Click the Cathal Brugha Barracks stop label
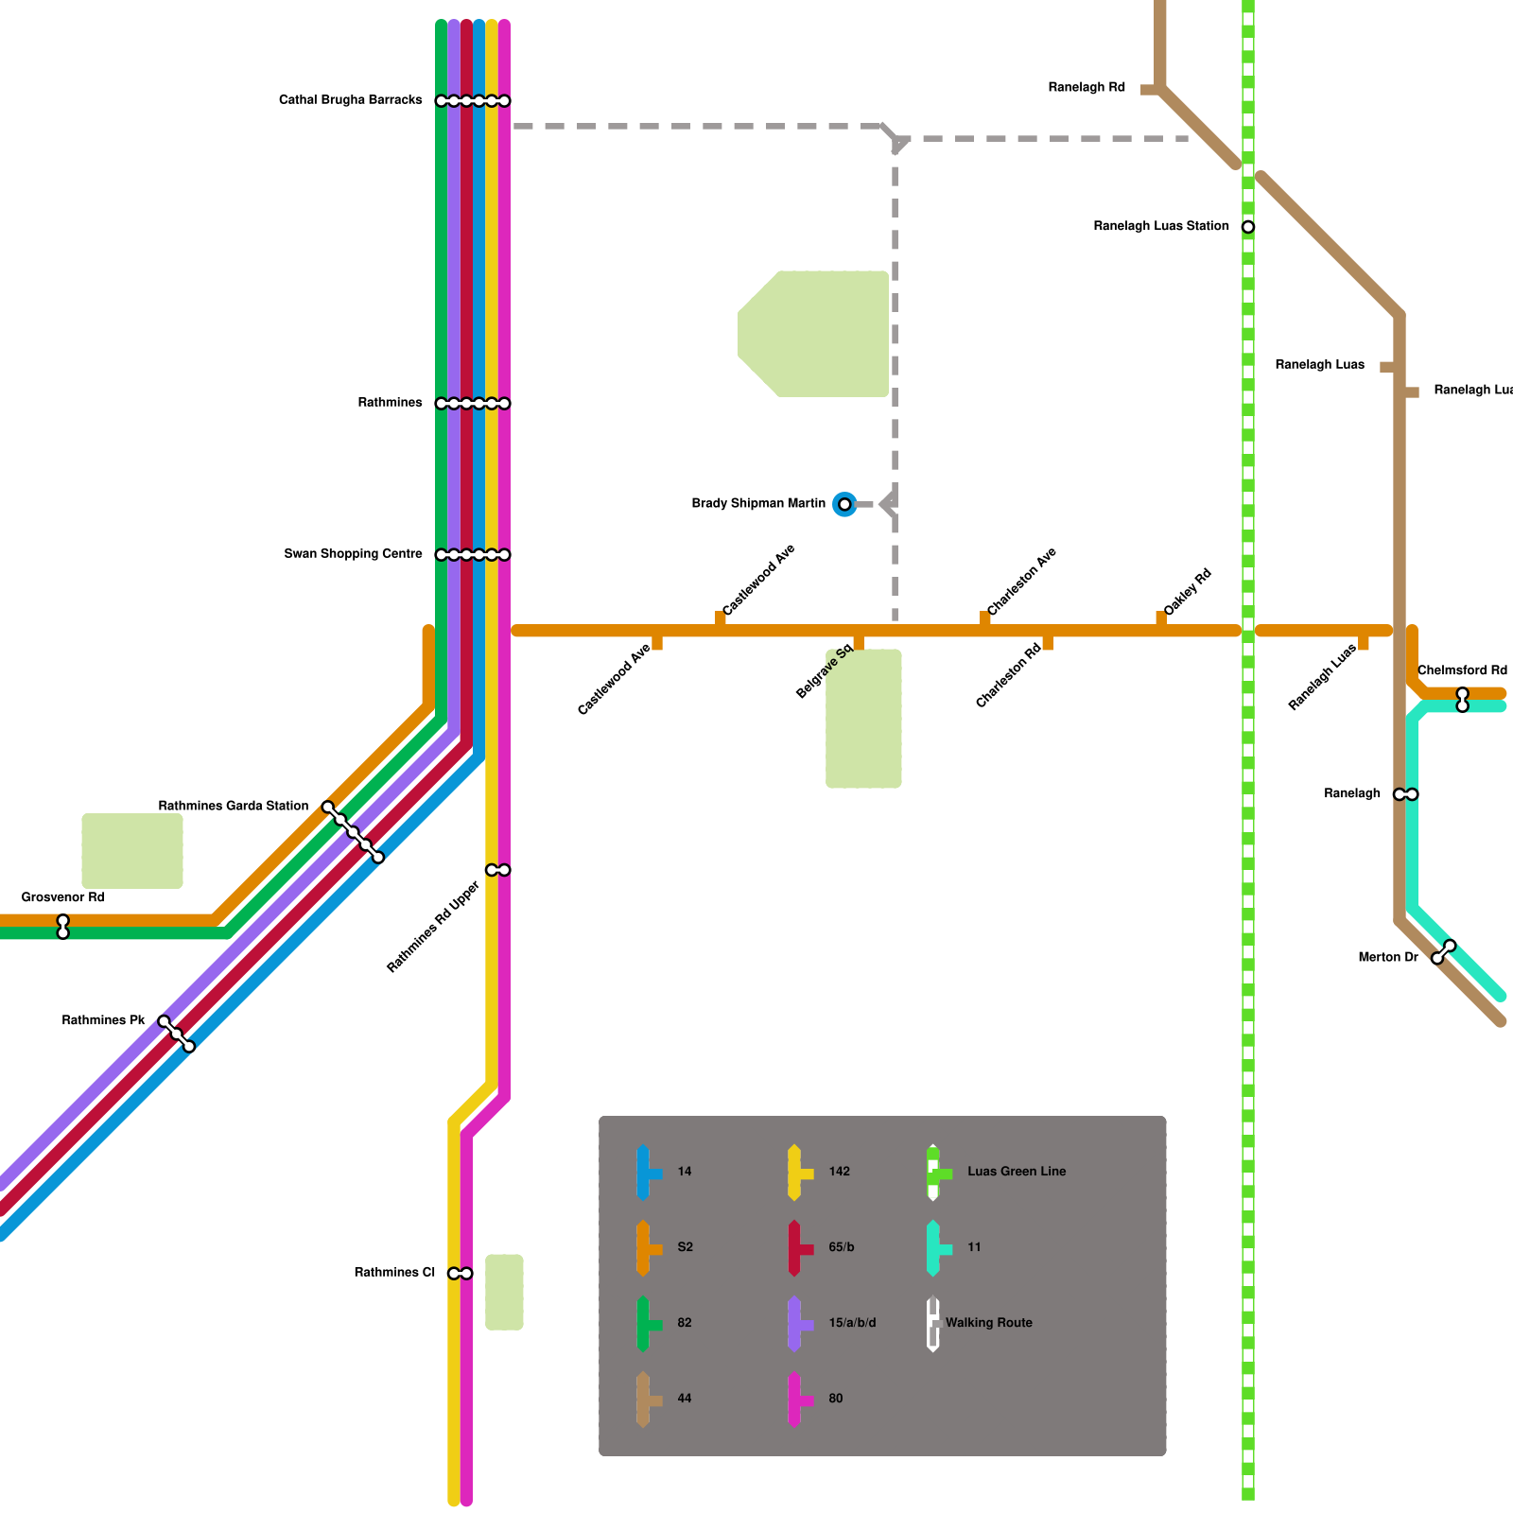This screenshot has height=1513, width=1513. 350,100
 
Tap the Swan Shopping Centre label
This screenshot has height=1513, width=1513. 353,554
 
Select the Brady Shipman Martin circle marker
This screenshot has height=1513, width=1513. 844,505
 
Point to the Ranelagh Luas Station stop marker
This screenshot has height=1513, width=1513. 1248,227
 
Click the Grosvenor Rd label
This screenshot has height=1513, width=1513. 62,897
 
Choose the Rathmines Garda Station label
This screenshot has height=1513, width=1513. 233,807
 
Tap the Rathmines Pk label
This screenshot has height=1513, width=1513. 103,1021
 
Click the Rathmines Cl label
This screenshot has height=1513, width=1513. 394,1273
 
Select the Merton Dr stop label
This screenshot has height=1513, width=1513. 1387,958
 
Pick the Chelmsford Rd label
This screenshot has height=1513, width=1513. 1462,670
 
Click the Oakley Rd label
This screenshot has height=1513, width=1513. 1188,594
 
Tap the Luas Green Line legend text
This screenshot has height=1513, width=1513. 1017,1172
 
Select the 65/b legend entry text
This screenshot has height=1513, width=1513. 842,1247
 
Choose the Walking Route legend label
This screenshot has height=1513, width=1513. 988,1323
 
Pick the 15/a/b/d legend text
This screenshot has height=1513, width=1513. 852,1323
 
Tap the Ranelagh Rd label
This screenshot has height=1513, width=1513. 1087,88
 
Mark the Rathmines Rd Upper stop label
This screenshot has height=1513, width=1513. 433,928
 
